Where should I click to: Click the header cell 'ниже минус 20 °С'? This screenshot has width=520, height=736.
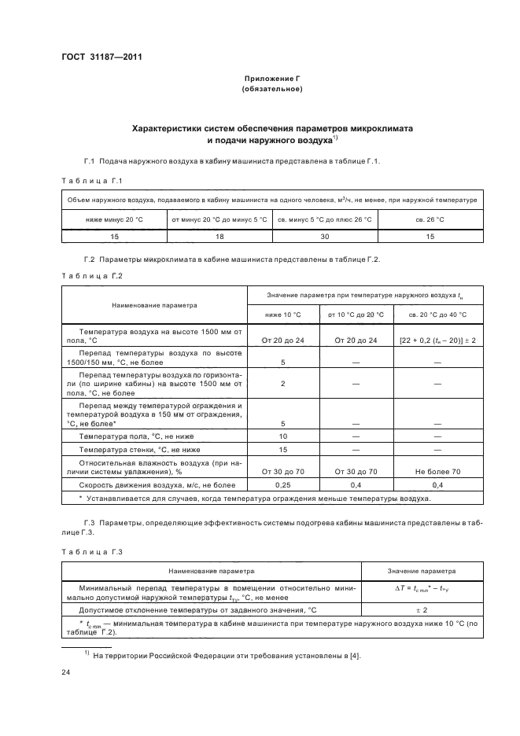(x=113, y=219)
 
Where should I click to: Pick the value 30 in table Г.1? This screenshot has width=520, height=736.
(x=325, y=235)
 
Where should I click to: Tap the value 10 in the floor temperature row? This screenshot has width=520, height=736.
(x=282, y=436)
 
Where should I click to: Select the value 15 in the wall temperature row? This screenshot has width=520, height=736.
(x=282, y=448)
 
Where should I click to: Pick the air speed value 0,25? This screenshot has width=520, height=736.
(x=282, y=484)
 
